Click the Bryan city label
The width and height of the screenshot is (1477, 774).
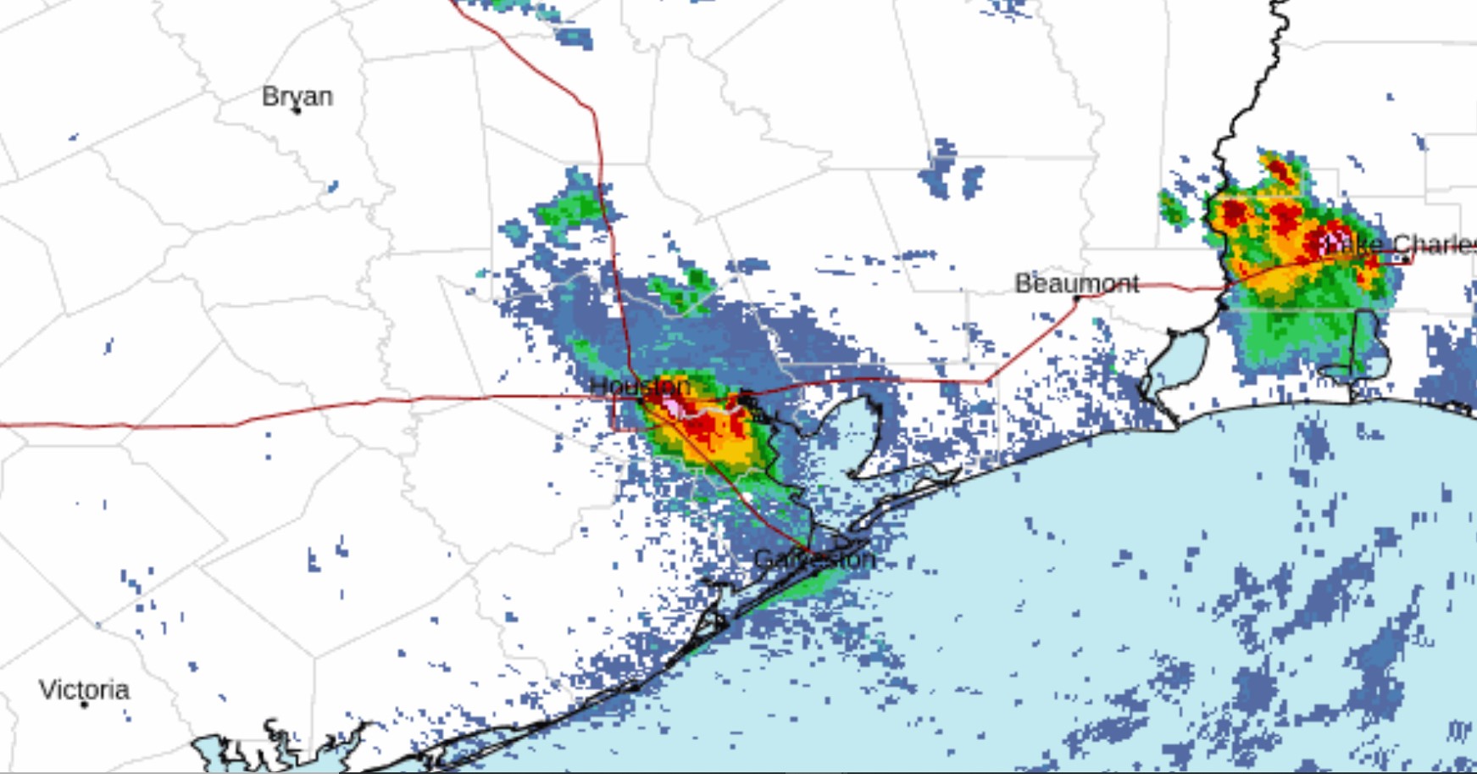click(x=297, y=96)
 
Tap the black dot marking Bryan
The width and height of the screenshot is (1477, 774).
click(x=297, y=111)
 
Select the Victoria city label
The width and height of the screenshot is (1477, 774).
click(x=84, y=689)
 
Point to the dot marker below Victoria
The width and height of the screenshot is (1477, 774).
click(x=84, y=704)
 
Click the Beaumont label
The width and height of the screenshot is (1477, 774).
click(x=1076, y=283)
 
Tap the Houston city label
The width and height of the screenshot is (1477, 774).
click(x=639, y=386)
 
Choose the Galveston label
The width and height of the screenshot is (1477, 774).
click(x=813, y=559)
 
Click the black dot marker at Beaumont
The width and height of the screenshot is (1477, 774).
click(x=1077, y=298)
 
